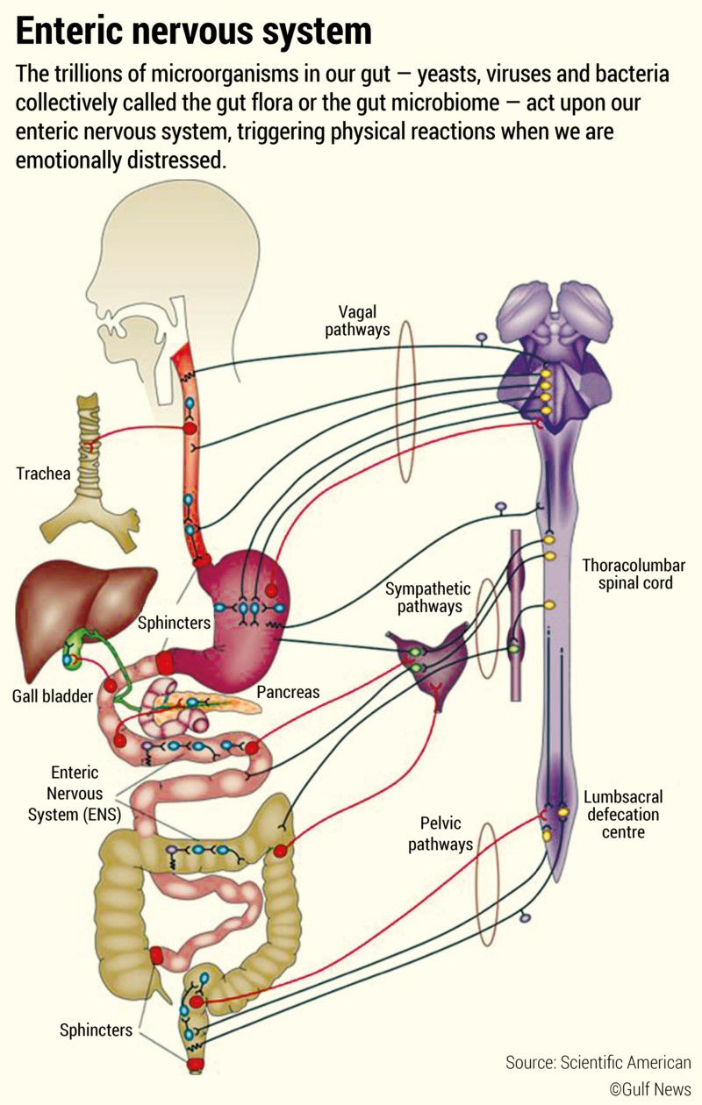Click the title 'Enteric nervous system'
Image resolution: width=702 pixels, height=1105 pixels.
[194, 32]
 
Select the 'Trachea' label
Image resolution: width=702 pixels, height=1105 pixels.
[43, 474]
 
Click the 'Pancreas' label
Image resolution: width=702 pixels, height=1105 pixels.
[288, 692]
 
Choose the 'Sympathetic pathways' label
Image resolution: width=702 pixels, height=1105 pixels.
[428, 597]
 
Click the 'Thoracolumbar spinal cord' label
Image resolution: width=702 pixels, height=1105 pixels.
[634, 574]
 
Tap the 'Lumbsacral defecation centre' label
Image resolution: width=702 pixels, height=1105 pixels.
[623, 814]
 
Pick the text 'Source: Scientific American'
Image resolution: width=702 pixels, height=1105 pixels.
[598, 1062]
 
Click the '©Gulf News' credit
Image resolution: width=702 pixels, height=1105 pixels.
[650, 1088]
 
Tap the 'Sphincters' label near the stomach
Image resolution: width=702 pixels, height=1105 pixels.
[174, 624]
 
